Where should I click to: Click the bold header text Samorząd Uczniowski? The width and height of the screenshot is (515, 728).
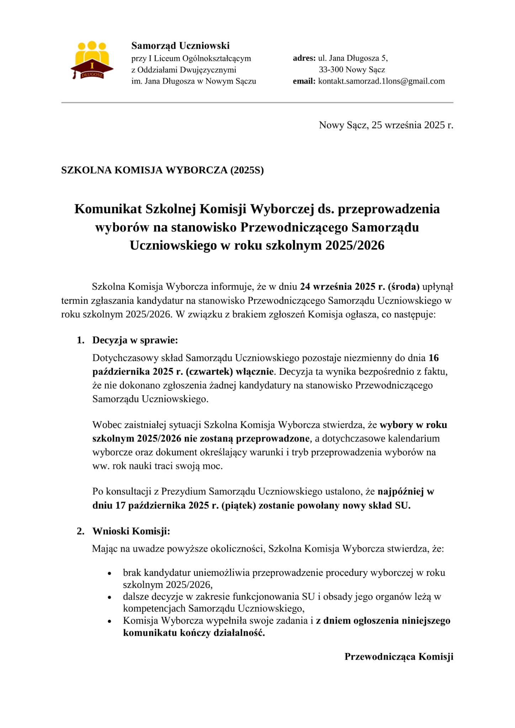click(x=180, y=45)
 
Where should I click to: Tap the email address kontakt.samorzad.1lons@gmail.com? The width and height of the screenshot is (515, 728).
click(x=381, y=81)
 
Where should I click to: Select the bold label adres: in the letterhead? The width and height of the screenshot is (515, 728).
click(x=304, y=58)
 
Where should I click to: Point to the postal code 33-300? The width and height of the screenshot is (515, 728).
click(x=331, y=70)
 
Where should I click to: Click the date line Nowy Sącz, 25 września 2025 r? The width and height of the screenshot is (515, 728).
click(x=386, y=125)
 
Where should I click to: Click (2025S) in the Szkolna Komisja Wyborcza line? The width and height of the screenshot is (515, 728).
click(x=247, y=170)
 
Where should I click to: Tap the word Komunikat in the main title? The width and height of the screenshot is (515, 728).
click(x=108, y=209)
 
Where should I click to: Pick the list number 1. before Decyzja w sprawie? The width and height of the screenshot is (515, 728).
click(x=81, y=340)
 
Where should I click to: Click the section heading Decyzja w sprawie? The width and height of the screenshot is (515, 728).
click(x=135, y=340)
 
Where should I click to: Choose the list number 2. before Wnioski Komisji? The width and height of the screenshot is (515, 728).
click(x=81, y=531)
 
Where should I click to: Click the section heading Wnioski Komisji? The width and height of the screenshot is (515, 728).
click(x=131, y=531)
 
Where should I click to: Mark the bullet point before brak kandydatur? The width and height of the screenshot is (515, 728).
click(x=110, y=574)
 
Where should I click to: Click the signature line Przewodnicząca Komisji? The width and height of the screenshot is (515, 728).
click(x=399, y=657)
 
